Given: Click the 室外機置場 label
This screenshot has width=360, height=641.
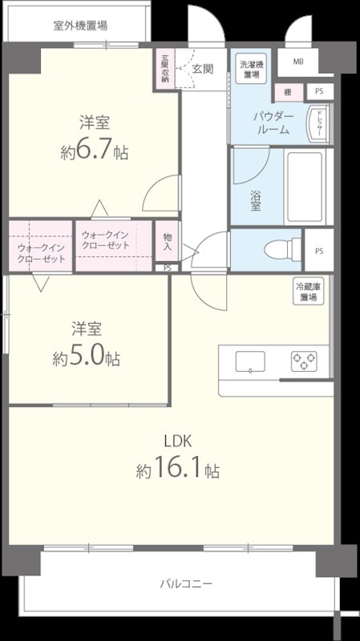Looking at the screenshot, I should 80,25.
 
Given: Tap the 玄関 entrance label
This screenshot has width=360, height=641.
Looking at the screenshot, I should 202,69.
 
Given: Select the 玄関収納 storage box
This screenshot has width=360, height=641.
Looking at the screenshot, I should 164,68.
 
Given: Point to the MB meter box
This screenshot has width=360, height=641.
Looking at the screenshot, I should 298,62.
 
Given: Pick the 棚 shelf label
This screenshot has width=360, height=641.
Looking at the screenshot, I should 285,91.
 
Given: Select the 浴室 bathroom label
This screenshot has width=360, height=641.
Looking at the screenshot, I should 256,200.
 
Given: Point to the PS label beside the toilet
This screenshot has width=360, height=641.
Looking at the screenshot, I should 319,252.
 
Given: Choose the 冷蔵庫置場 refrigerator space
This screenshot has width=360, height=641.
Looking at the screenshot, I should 307,292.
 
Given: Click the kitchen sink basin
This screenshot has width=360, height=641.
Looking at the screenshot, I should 251,362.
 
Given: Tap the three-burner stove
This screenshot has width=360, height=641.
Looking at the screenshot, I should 305,361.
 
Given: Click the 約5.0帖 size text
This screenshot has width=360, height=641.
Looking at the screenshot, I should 87,357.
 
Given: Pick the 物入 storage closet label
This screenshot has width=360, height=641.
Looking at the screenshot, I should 167,241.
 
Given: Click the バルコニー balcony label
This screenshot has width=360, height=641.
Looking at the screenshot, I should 185,583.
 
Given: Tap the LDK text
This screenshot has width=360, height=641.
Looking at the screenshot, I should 178,440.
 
